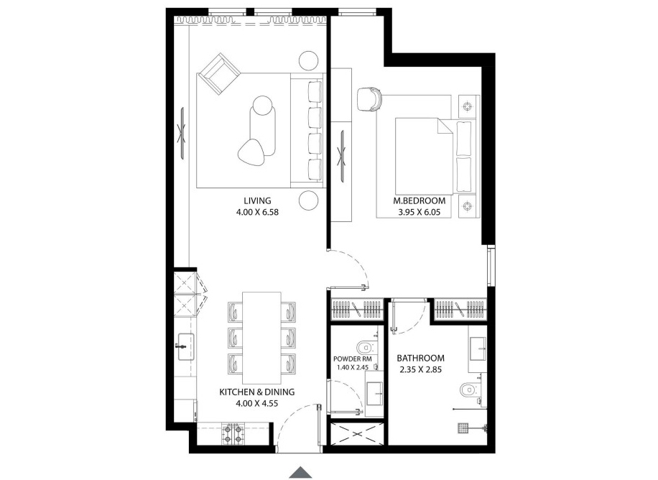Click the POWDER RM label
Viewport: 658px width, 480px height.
[352, 359]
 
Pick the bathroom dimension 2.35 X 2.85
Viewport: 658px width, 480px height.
[420, 370]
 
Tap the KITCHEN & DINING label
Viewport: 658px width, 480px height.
[256, 392]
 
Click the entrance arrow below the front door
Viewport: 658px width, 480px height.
[300, 471]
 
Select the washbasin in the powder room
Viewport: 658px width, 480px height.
[374, 393]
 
